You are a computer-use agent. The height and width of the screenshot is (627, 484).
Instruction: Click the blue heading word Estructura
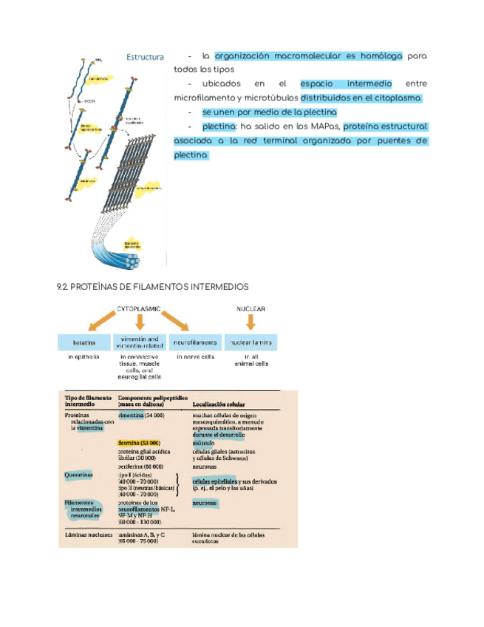145,57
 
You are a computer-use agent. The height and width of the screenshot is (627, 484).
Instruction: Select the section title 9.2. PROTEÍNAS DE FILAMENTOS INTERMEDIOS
153,286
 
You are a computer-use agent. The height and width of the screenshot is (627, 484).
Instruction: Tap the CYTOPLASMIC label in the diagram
140,308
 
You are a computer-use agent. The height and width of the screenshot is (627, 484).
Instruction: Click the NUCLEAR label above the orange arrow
250,308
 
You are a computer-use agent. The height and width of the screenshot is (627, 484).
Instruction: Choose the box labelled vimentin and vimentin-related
139,342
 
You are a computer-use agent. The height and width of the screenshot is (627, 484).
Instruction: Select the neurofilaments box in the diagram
195,343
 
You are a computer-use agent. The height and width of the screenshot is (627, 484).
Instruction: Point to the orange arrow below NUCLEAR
250,322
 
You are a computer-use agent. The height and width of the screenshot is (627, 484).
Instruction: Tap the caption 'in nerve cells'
195,356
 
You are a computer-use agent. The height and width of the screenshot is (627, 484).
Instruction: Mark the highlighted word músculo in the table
204,443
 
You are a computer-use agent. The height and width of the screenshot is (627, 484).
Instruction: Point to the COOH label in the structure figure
90,101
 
